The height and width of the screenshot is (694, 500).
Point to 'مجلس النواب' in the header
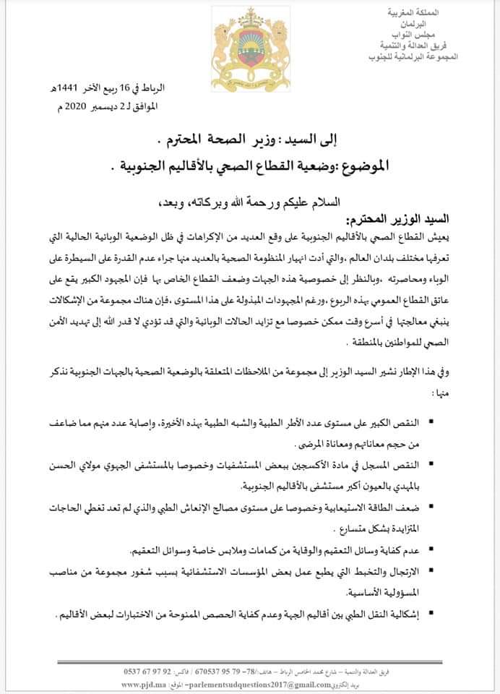click(457, 35)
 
